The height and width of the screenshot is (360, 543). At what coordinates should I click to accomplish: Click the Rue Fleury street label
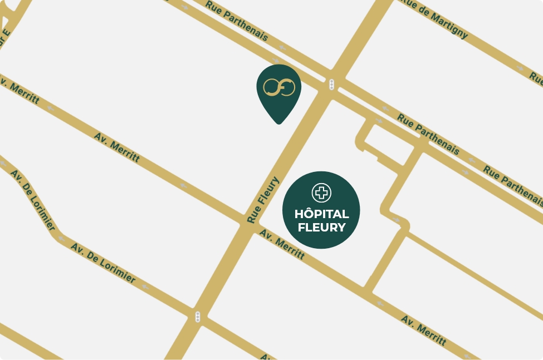[x=263, y=200]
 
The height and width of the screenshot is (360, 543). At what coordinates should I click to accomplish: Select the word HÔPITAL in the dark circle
[x=321, y=214]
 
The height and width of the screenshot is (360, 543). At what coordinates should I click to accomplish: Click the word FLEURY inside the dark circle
[x=321, y=227]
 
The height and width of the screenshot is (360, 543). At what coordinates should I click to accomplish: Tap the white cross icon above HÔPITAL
[x=321, y=193]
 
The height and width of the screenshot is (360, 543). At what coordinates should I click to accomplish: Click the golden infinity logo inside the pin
[x=278, y=87]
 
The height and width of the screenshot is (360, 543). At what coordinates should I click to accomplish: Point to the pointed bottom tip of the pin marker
[x=278, y=122]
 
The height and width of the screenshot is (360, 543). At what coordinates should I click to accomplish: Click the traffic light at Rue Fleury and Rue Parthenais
[x=331, y=85]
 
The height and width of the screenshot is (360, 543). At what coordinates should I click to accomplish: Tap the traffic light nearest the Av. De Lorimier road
[x=197, y=317]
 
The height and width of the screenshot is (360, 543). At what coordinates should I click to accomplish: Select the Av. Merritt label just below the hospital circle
[x=282, y=245]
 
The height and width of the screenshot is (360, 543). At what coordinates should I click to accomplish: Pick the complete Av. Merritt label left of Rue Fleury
[x=117, y=147]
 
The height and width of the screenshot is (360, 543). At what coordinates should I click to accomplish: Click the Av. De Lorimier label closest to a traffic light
[x=103, y=263]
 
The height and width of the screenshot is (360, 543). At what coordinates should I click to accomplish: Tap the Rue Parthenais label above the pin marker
[x=237, y=21]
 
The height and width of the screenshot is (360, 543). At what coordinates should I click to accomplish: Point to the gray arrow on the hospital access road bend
[x=397, y=220]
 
